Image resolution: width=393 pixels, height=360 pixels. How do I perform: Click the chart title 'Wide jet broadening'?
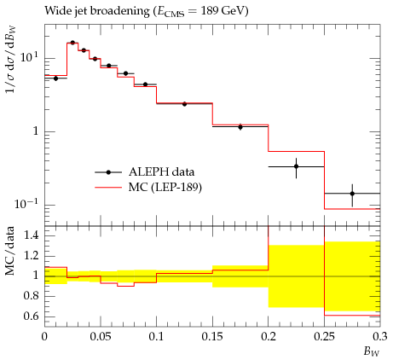(97, 11)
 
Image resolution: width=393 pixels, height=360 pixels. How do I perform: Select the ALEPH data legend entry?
(145, 172)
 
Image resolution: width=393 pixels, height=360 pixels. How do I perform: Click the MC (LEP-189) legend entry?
(148, 188)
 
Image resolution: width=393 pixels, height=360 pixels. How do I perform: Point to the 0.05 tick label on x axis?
(101, 337)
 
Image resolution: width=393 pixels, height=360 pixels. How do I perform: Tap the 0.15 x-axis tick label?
(212, 337)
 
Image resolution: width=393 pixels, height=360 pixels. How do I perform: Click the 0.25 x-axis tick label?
(324, 337)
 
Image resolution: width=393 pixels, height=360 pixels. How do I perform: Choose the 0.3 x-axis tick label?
(379, 337)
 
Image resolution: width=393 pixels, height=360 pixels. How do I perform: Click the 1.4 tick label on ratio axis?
(31, 235)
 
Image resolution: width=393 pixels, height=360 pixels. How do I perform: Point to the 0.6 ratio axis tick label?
(31, 316)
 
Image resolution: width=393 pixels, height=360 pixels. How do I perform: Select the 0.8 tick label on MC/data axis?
(31, 296)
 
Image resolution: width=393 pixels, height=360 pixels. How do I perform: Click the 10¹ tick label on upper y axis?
(29, 57)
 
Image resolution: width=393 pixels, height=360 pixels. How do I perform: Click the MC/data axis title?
(10, 251)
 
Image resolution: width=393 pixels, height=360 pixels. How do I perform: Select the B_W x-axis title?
(372, 351)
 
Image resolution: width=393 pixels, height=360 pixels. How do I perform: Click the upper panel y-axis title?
(11, 60)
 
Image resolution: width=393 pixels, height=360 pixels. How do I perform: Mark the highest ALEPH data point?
(72, 43)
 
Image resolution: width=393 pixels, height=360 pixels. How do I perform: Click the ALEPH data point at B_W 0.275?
(352, 194)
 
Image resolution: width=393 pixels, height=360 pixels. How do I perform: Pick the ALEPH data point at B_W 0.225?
(297, 166)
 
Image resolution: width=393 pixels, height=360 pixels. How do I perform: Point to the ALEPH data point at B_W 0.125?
(184, 104)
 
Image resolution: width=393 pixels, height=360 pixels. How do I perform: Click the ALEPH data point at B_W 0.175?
(240, 127)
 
